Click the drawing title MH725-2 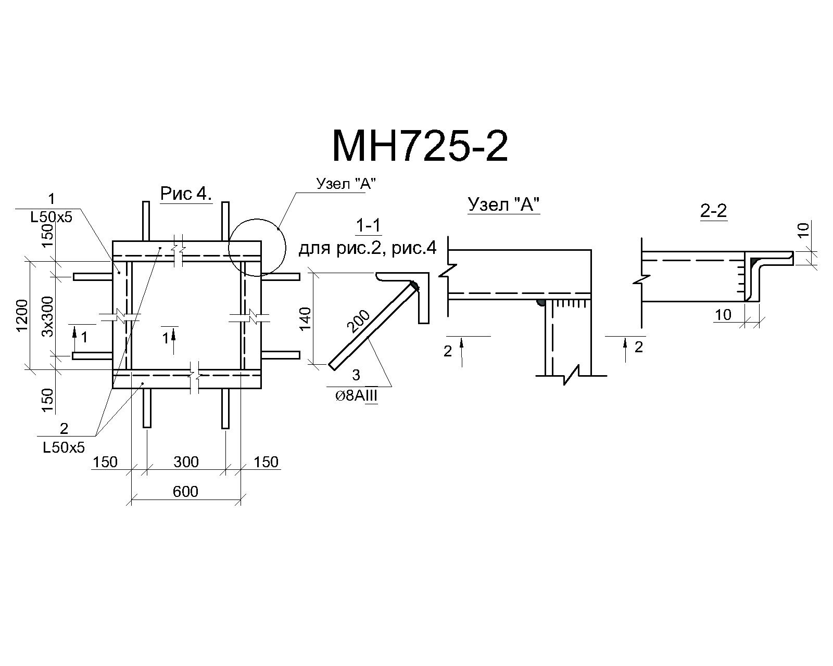(420, 146)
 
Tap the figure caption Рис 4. (186, 193)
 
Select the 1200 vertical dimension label (22, 315)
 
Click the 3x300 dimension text (47, 316)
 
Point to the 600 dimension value (185, 492)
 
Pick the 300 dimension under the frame (186, 462)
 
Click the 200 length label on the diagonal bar (358, 321)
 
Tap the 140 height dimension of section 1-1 (306, 318)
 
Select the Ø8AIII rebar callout (357, 396)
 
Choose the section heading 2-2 (713, 211)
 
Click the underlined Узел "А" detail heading (503, 204)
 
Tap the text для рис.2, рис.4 (368, 248)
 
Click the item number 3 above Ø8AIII (356, 375)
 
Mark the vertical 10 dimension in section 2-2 (803, 230)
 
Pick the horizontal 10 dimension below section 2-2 (723, 315)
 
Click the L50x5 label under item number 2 (64, 448)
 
